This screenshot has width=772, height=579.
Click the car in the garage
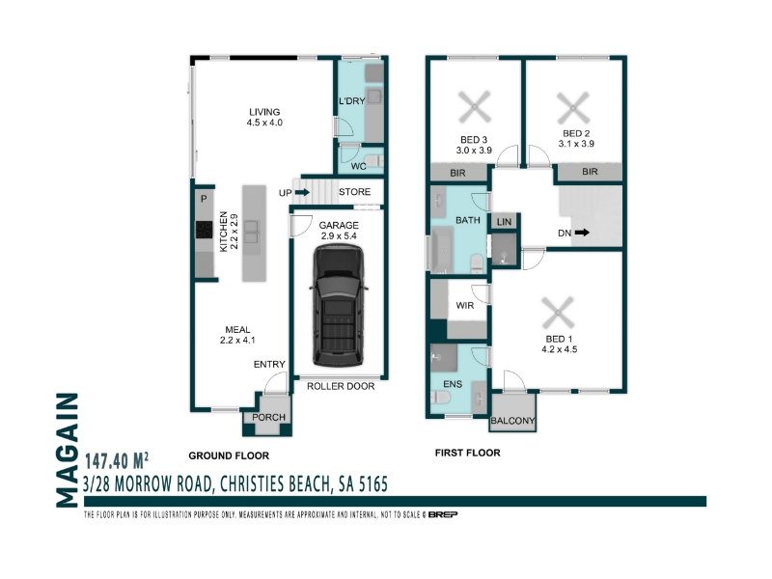point(339,305)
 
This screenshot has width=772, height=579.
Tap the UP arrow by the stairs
point(302,192)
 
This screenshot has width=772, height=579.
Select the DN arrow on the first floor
point(582,233)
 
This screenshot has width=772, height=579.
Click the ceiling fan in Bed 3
point(475,106)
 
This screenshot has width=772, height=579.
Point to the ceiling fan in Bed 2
point(573,107)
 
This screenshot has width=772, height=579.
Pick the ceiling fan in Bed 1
point(558,313)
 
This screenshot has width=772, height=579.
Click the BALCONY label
point(512,421)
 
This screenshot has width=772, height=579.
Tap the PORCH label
point(268,417)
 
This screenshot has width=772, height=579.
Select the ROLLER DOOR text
point(341,387)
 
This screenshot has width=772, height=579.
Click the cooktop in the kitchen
point(204,230)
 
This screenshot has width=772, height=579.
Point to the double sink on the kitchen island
point(252,232)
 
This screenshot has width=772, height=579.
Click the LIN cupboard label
point(504,222)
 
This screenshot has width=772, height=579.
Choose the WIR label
point(465,305)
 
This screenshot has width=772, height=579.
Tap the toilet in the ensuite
point(440,397)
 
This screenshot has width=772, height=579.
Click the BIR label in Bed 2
point(590,172)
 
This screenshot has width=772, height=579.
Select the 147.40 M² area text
point(117,461)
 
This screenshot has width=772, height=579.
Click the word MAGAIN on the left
point(68,450)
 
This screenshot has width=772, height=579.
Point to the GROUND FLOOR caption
point(229,455)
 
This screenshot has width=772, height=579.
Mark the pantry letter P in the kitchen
point(204,199)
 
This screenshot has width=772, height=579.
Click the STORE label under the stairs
point(354,192)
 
